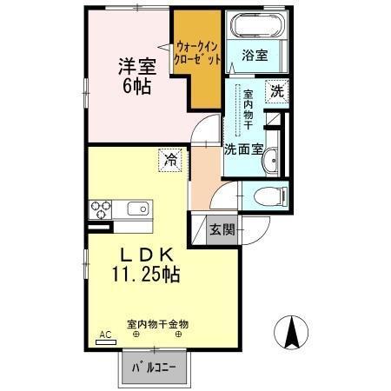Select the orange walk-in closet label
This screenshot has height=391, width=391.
coord(198,51)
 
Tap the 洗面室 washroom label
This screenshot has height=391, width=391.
coord(243,149)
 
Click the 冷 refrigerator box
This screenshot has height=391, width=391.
coord(170,159)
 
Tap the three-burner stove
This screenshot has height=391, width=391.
coord(101,209)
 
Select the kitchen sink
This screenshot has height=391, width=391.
coord(138,209)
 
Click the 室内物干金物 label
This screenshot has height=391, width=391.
coord(158,323)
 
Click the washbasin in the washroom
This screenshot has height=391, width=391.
coord(271,158)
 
